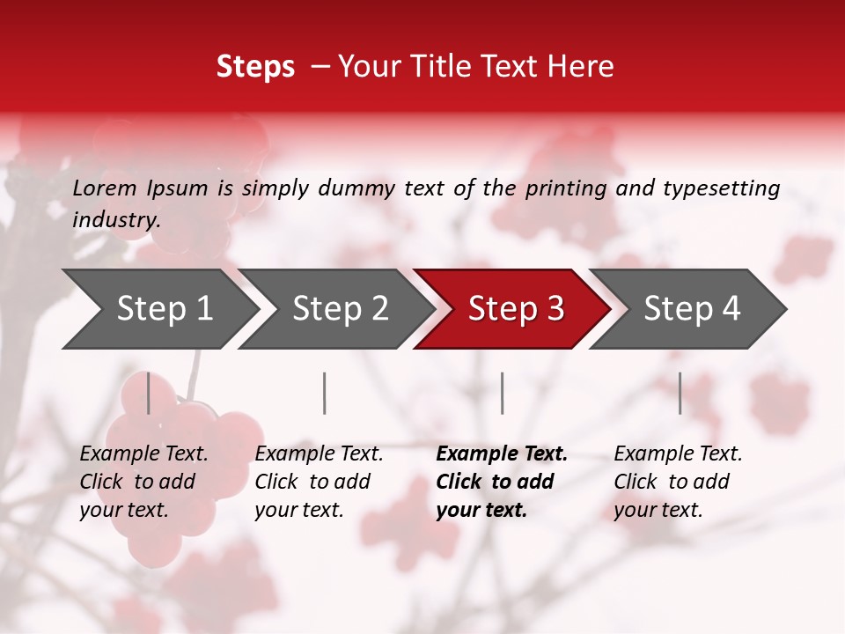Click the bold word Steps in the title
click(255, 67)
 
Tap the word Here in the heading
click(579, 67)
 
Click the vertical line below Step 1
click(149, 393)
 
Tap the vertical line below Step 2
click(325, 393)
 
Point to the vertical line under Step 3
click(502, 393)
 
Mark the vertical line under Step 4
click(680, 393)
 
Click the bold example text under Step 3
click(501, 482)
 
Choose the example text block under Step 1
click(143, 482)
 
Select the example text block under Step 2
click(319, 482)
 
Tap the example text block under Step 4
click(677, 482)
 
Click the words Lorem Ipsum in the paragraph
click(140, 188)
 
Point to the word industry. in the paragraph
click(116, 220)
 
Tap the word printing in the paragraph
click(566, 188)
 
